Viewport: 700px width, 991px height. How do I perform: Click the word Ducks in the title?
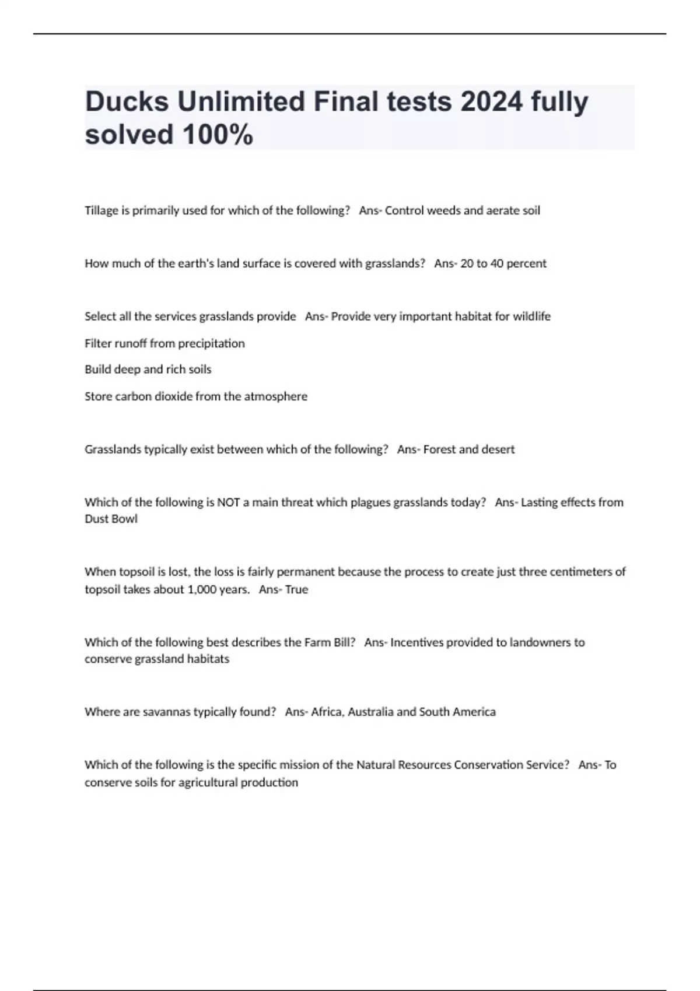coord(127,102)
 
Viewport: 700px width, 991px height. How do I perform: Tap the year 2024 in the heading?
coord(491,102)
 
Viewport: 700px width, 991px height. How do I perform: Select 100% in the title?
coord(218,135)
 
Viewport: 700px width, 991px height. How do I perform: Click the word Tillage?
coord(101,210)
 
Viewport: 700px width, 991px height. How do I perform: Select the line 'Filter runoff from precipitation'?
coord(164,343)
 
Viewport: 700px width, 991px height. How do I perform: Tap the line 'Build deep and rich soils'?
coord(148,370)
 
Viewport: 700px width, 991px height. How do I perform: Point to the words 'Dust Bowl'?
coord(111,519)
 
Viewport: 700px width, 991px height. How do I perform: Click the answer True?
coord(296,589)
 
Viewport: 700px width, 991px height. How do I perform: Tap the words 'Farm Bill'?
coord(330,642)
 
